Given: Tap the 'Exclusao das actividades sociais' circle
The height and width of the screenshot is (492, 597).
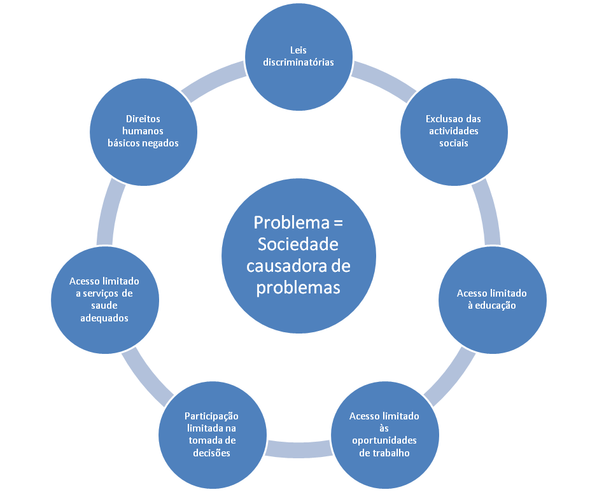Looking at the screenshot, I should coord(453,130).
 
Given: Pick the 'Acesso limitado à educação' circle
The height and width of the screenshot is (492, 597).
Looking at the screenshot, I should coord(492,299).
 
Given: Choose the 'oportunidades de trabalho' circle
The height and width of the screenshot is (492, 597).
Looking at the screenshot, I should coord(384,435).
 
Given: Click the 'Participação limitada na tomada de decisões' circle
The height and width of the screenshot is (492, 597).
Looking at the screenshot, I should coord(211,435).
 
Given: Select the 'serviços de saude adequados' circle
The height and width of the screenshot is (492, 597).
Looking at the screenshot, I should coord(104,299).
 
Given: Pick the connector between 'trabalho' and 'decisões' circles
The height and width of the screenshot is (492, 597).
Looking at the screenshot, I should coord(298,448).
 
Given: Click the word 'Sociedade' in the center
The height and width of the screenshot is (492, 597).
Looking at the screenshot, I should coord(298,244).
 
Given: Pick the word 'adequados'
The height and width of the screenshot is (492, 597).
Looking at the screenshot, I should coord(104,317).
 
